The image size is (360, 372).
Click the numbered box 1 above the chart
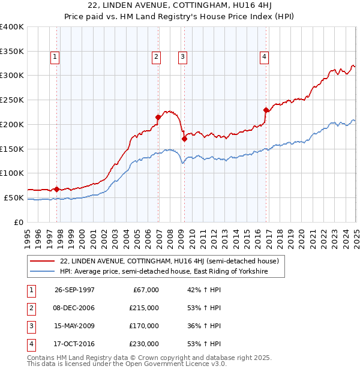click(55, 57)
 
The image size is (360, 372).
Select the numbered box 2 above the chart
click(156, 57)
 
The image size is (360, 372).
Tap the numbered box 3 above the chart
click(182, 57)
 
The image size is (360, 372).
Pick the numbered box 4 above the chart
click(264, 57)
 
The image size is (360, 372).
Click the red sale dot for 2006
click(158, 117)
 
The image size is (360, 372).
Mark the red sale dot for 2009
click(185, 139)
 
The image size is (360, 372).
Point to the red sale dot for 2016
click(266, 110)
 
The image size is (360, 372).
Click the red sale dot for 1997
click(57, 189)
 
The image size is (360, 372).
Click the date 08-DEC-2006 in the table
click(74, 308)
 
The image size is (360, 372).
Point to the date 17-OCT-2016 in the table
click(74, 344)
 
